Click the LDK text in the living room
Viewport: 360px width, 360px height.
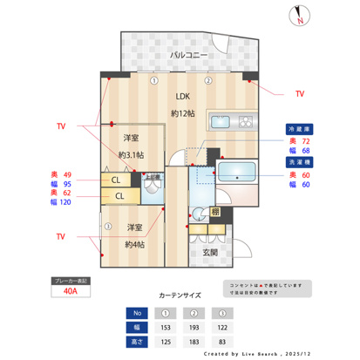click(x=182, y=97)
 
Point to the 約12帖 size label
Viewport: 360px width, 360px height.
click(x=182, y=113)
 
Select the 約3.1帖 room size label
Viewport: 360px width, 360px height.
click(x=132, y=155)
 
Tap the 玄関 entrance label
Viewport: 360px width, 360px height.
click(x=210, y=253)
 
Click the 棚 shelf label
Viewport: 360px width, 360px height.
click(x=214, y=212)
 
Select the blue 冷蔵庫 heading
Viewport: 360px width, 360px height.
click(x=300, y=128)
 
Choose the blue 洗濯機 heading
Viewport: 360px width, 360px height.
click(x=300, y=162)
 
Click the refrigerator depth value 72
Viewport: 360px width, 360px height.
click(x=306, y=139)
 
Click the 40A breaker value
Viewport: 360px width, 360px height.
click(x=71, y=293)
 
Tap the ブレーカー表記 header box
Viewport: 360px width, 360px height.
click(x=71, y=282)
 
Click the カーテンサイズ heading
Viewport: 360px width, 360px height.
click(x=180, y=295)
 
